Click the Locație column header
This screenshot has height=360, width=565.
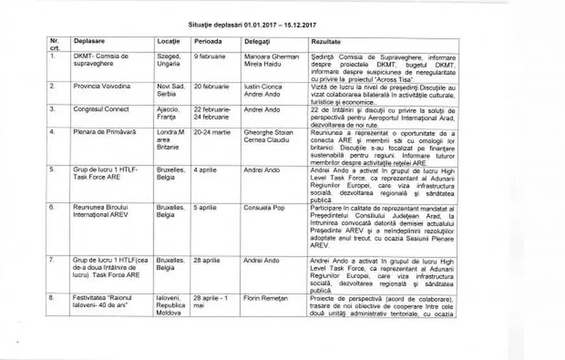(169, 41)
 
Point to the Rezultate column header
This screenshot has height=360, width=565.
(326, 41)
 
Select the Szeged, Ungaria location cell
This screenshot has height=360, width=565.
(169, 60)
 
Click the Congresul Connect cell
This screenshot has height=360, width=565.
(101, 109)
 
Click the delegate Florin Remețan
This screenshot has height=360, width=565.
(266, 298)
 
